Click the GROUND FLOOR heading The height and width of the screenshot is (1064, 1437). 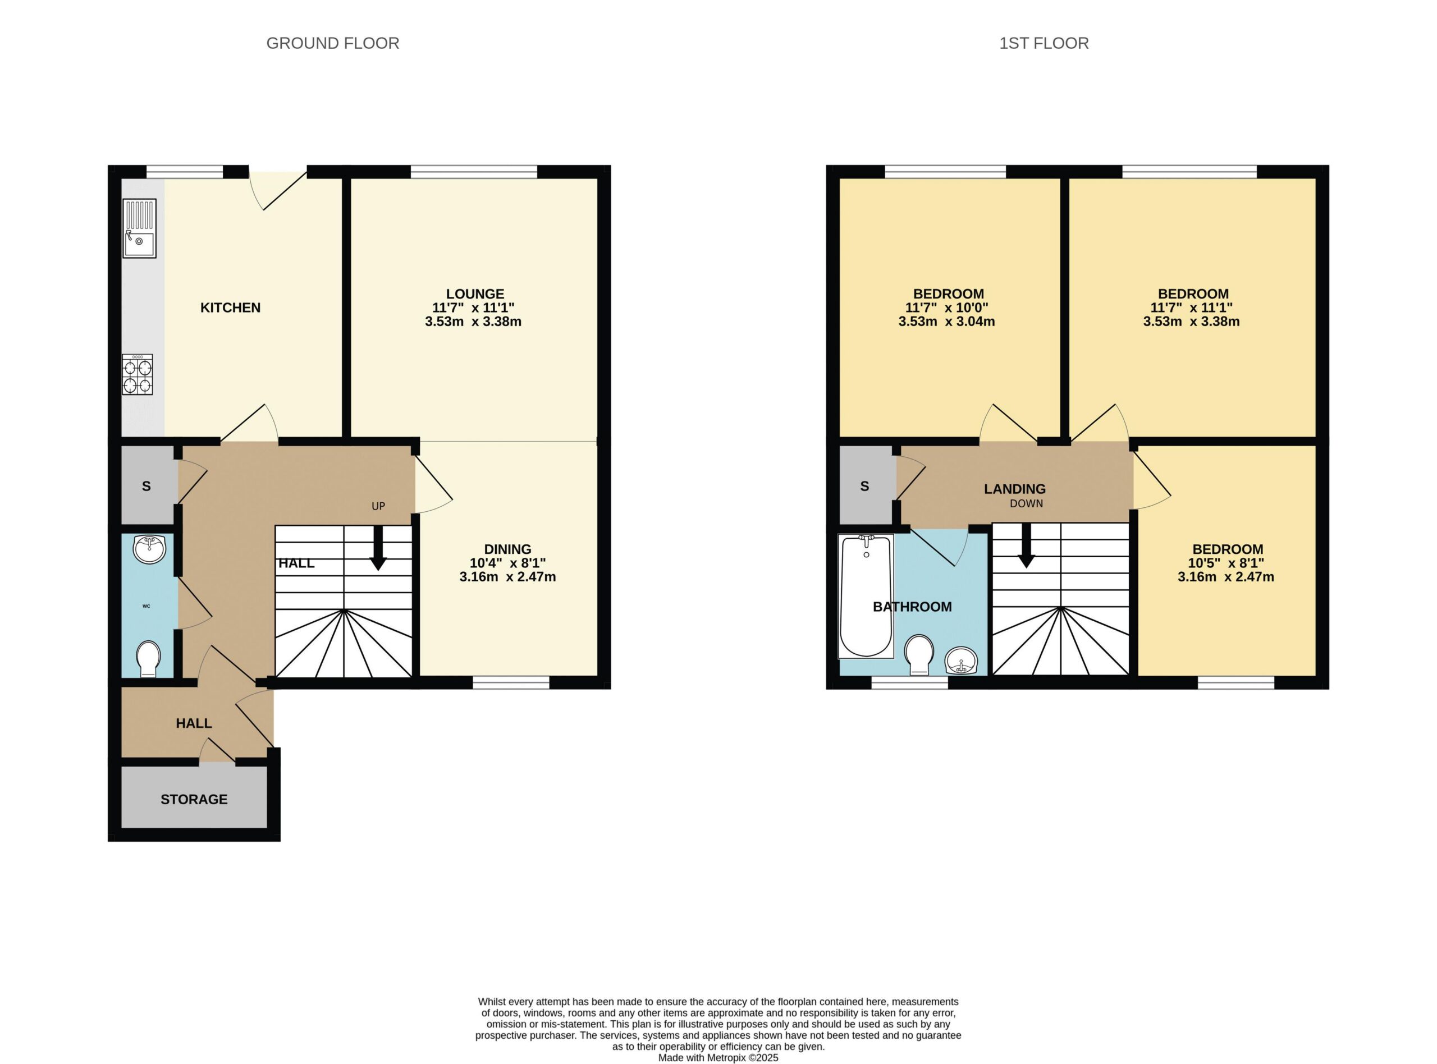(332, 43)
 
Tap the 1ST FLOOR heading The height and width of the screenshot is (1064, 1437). (1044, 43)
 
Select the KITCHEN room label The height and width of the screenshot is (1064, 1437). (231, 308)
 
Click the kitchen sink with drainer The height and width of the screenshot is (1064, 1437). (140, 228)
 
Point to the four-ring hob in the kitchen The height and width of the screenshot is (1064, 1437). (138, 374)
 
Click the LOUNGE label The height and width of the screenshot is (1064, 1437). (475, 293)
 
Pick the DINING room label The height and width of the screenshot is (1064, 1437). (507, 549)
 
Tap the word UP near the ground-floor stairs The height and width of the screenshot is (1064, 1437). (378, 506)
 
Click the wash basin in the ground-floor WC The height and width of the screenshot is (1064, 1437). (149, 549)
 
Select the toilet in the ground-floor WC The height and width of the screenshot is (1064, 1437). (149, 658)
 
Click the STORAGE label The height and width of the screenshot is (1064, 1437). (194, 799)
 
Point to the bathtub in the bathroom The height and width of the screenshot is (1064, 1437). (866, 597)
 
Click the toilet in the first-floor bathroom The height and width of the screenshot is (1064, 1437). (919, 655)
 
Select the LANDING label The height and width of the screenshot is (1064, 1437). (1014, 489)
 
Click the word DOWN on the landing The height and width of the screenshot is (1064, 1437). (1026, 504)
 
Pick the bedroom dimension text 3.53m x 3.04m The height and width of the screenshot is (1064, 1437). (946, 322)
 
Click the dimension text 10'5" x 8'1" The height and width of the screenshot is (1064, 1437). (1228, 563)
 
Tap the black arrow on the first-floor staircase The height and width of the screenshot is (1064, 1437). (1026, 545)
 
